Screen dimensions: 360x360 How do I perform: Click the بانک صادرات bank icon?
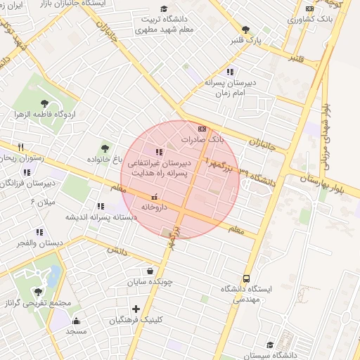click(202, 129)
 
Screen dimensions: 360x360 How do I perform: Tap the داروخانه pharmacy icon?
click(155, 196)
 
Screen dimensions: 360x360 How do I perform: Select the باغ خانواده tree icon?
click(105, 148)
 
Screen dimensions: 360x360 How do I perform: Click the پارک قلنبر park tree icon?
click(245, 30)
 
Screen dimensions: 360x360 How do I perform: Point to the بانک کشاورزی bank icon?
click(309, 8)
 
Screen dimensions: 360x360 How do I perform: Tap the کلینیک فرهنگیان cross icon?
click(136, 309)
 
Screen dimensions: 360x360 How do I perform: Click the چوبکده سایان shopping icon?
click(150, 271)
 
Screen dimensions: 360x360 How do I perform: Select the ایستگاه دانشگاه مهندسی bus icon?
click(245, 278)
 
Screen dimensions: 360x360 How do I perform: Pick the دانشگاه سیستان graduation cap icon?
click(270, 345)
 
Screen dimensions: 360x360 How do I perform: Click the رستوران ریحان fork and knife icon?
click(21, 147)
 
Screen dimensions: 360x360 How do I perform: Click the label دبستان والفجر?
click(41, 243)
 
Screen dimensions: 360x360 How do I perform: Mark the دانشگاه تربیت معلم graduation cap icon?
click(164, 8)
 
